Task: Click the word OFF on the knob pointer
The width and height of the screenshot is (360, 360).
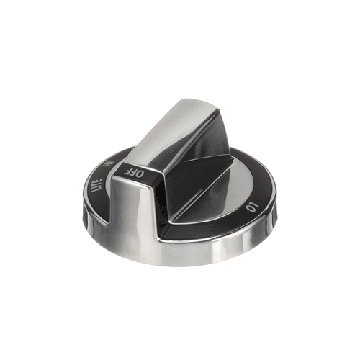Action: pos(135,172)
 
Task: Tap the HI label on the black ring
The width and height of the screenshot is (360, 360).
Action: pos(107,164)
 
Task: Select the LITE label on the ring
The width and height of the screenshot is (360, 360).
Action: pos(97,185)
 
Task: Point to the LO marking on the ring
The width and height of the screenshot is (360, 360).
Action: pos(253,207)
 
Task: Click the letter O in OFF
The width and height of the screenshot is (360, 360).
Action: pos(141,174)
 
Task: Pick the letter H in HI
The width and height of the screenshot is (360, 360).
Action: pos(106,166)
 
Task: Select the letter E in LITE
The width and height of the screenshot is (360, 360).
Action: pos(99,180)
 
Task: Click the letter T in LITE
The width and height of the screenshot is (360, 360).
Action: pos(98,184)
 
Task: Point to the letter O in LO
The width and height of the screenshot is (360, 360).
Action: pos(251,209)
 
